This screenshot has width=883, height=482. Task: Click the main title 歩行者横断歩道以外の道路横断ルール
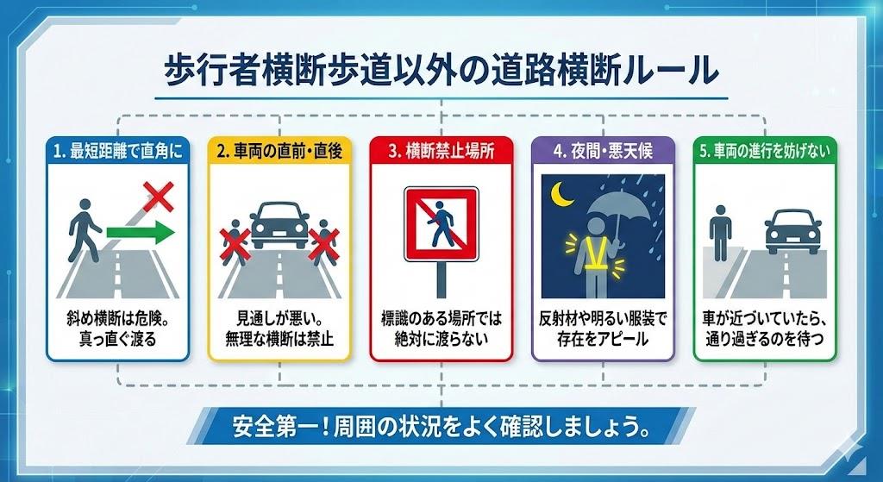pyautogui.click(x=441, y=71)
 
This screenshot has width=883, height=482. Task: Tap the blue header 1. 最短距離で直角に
pyautogui.click(x=118, y=152)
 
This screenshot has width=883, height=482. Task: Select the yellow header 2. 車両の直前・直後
pyautogui.click(x=280, y=152)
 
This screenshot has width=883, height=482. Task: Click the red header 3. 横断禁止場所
pyautogui.click(x=441, y=152)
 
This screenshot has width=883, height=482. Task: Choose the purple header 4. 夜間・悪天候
pyautogui.click(x=603, y=152)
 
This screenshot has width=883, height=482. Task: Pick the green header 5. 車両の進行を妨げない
pyautogui.click(x=766, y=152)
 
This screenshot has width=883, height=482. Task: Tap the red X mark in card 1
pyautogui.click(x=159, y=197)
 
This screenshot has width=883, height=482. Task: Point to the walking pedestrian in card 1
pyautogui.click(x=84, y=230)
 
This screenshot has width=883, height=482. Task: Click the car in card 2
pyautogui.click(x=280, y=225)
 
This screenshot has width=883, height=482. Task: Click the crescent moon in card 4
pyautogui.click(x=561, y=194)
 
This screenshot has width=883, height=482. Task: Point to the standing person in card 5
pyautogui.click(x=720, y=233)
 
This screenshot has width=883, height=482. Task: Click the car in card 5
pyautogui.click(x=793, y=232)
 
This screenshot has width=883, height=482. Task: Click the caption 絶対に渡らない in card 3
pyautogui.click(x=441, y=339)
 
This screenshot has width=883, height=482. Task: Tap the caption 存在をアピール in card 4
pyautogui.click(x=603, y=339)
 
